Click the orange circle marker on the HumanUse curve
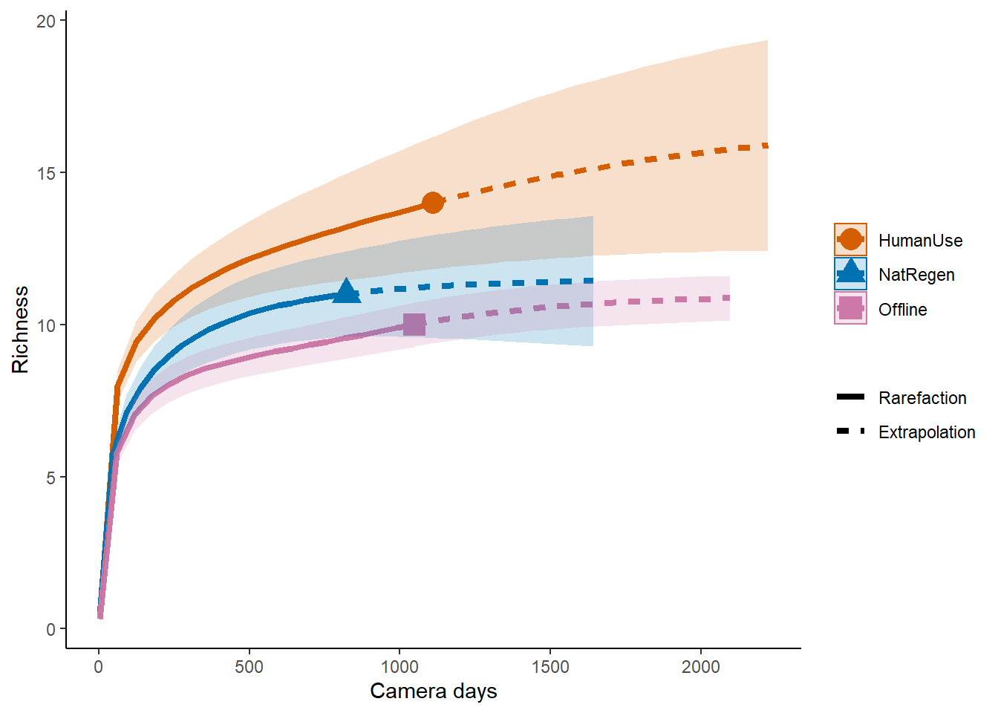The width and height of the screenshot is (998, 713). tap(433, 202)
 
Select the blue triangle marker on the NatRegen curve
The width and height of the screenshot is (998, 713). tap(346, 292)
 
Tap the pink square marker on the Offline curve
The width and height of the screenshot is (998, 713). tap(414, 324)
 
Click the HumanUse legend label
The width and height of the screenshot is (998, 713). tap(920, 241)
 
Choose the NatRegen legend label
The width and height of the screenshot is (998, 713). tap(916, 275)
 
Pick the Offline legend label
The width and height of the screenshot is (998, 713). tap(902, 310)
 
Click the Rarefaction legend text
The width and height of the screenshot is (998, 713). tap(922, 398)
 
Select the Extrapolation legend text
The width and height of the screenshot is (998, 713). tap(927, 432)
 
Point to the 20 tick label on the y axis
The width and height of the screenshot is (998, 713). tap(46, 22)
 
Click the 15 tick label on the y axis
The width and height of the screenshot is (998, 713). tap(46, 173)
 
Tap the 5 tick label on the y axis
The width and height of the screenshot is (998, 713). tap(50, 478)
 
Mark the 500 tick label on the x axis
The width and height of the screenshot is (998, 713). tap(249, 667)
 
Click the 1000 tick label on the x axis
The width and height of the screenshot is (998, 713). tap(399, 667)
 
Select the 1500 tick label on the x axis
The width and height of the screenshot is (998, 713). tap(550, 667)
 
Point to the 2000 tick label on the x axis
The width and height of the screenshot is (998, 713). tap(701, 667)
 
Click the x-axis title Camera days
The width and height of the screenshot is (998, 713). tap(434, 691)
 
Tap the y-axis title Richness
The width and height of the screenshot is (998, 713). tap(20, 329)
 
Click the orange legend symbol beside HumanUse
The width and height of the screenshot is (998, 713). tap(850, 240)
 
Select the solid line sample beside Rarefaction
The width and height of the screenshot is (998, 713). tap(850, 397)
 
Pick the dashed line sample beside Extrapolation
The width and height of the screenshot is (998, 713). tap(850, 432)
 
